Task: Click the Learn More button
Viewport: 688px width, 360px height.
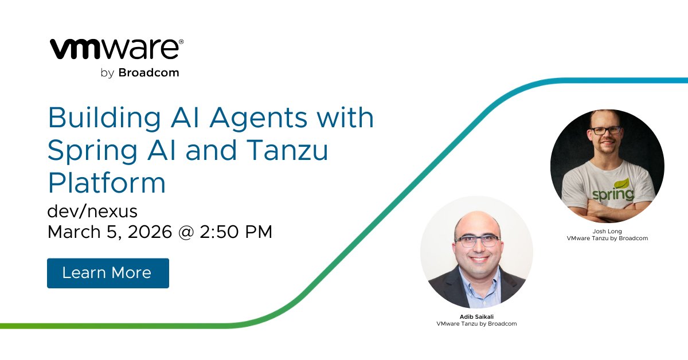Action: (108, 273)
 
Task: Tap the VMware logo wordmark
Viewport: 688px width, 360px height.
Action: (116, 50)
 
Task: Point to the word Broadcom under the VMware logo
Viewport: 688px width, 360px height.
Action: (148, 73)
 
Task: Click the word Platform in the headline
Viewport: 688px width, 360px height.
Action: (107, 183)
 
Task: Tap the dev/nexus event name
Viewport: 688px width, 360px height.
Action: (92, 212)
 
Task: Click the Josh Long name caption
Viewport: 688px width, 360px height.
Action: (607, 232)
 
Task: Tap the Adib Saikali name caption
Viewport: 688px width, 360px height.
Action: (476, 317)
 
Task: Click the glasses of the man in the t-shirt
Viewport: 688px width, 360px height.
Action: (605, 130)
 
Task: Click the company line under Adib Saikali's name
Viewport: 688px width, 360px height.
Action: (476, 324)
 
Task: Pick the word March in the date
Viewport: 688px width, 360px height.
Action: (69, 232)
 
